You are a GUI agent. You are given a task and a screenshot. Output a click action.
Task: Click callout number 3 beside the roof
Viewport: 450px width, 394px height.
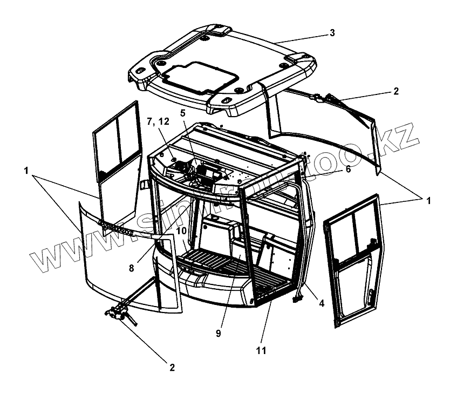click(332, 32)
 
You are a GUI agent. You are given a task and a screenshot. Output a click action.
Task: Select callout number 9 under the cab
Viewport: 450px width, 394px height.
click(218, 334)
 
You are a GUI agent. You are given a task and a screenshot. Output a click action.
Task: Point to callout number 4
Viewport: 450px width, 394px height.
click(321, 303)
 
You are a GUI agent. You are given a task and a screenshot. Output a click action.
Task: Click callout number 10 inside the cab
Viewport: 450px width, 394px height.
click(181, 230)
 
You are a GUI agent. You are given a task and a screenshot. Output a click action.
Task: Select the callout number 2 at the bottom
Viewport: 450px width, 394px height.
click(172, 368)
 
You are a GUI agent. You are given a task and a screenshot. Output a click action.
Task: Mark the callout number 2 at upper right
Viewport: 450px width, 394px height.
click(396, 91)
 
